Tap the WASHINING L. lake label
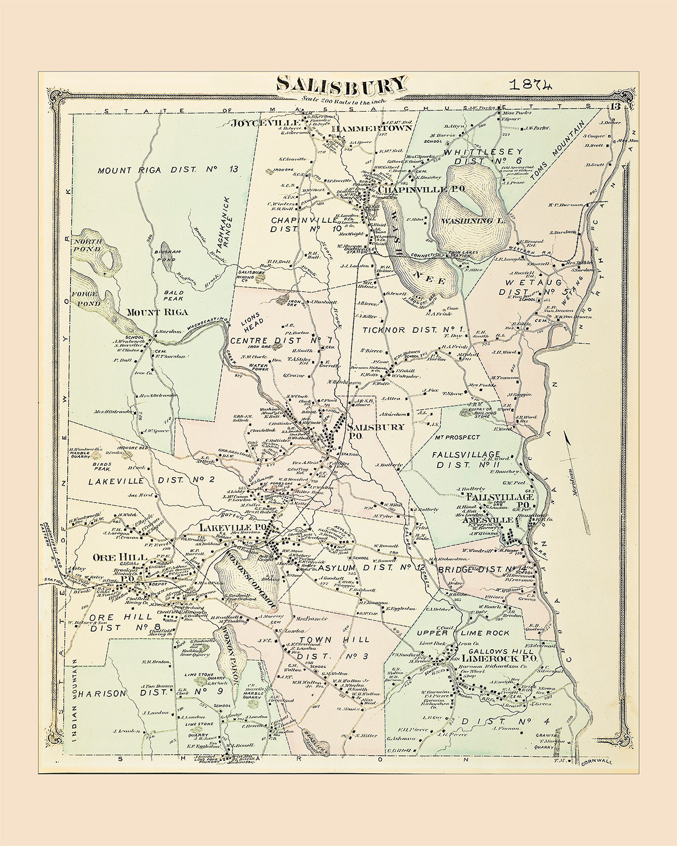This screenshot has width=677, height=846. point(473,221)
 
